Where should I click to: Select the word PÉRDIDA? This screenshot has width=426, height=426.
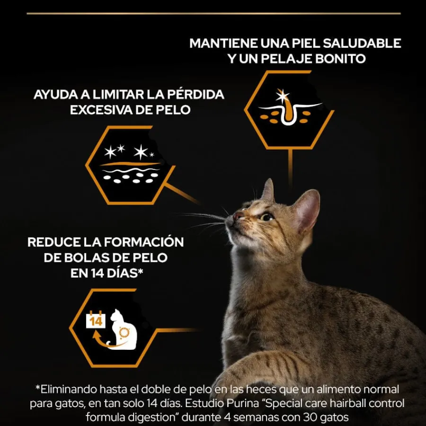[x=195, y=95]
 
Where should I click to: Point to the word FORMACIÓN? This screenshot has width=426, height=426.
[x=144, y=242]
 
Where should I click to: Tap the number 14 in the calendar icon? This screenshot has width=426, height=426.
[x=96, y=321]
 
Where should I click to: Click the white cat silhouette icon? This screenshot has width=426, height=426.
[x=122, y=329]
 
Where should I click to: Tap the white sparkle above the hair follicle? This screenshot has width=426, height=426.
[x=283, y=96]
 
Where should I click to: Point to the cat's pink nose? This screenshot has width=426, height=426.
[x=238, y=216]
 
